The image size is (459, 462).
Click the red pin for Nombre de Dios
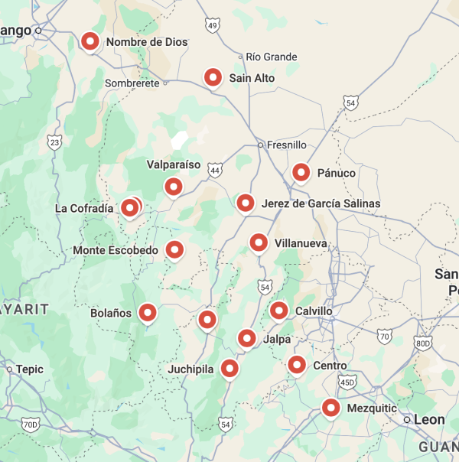click(x=91, y=41)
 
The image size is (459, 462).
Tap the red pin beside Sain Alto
click(x=213, y=77)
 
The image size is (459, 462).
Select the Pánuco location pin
click(x=301, y=173)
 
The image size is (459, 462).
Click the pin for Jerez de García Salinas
click(x=245, y=203)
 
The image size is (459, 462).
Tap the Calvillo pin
click(x=278, y=311)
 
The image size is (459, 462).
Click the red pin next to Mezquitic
click(x=330, y=408)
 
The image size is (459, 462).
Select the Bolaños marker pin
click(x=146, y=313)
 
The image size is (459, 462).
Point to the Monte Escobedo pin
click(x=174, y=249)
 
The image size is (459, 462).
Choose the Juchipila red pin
click(x=229, y=369)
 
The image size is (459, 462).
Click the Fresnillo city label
click(x=286, y=144)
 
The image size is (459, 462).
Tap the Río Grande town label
click(x=271, y=57)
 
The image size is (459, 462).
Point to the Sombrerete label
click(x=132, y=83)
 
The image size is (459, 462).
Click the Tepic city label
click(x=30, y=369)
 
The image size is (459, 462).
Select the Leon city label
click(x=428, y=419)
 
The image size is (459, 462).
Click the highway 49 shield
click(x=213, y=26)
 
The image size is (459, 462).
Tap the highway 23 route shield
click(x=54, y=142)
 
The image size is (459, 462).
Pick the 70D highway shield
click(x=30, y=425)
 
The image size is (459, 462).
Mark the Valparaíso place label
click(x=173, y=164)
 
